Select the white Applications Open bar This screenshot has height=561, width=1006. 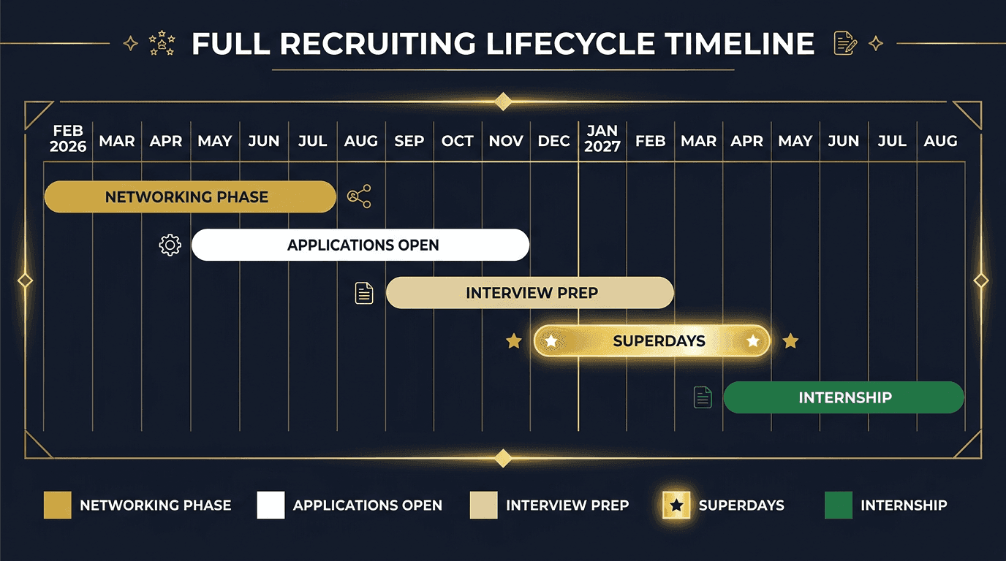(x=360, y=245)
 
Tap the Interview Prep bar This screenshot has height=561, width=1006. (x=529, y=293)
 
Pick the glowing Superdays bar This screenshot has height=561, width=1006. (x=651, y=341)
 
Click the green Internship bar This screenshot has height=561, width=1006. (x=844, y=398)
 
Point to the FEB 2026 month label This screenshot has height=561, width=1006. (x=68, y=139)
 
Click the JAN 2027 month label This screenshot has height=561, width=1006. (x=602, y=139)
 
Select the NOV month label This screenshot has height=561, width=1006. (x=506, y=141)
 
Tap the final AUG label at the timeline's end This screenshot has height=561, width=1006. (x=940, y=141)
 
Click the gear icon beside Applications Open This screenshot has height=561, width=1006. (x=170, y=245)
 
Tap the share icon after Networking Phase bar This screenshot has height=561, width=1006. (x=359, y=196)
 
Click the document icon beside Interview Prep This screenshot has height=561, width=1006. (x=364, y=293)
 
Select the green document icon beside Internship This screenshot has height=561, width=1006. (x=703, y=397)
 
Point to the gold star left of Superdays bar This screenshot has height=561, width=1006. (x=514, y=341)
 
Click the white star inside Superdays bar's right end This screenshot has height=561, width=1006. (x=752, y=341)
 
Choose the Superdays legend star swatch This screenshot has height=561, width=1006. (x=676, y=505)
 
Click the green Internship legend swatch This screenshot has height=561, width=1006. (x=838, y=505)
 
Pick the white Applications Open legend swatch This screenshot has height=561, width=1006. (x=271, y=505)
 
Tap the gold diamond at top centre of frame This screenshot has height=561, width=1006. (x=503, y=102)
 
